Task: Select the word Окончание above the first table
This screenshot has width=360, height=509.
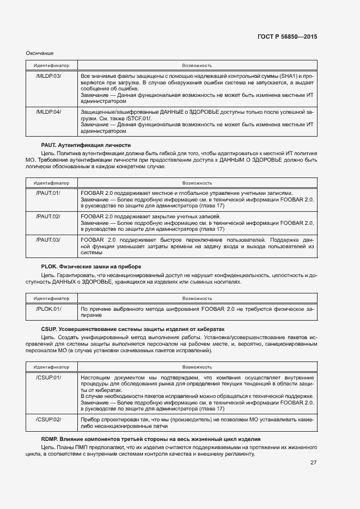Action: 40,53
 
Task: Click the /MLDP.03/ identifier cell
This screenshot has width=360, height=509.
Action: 48,75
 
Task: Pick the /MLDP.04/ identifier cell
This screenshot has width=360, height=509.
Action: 48,112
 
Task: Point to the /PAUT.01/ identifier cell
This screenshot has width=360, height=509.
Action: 48,193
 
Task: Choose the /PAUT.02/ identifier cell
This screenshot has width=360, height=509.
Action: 48,216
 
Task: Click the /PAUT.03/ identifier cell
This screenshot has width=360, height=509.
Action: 48,240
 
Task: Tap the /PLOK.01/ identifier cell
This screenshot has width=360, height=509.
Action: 48,309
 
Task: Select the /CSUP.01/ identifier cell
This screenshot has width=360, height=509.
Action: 48,377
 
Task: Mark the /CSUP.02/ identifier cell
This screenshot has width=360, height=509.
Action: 48,419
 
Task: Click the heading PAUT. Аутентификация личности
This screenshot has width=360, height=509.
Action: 86,145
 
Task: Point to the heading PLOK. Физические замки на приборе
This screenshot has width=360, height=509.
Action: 91,266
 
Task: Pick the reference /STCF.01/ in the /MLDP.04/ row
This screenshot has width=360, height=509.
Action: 139,118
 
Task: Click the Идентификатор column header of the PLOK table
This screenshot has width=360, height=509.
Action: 51,298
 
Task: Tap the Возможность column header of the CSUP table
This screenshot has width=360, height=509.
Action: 197,367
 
